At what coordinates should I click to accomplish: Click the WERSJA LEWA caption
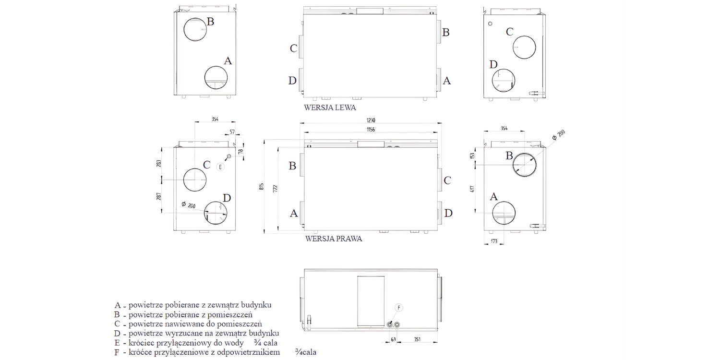(x=330, y=108)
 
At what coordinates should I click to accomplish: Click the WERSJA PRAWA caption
(x=333, y=239)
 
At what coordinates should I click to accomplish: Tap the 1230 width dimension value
(x=371, y=120)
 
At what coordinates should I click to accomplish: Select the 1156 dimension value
(x=371, y=130)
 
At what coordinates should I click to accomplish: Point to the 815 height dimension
(x=262, y=187)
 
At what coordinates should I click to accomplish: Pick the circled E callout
(x=220, y=167)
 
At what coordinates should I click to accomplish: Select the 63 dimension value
(x=393, y=340)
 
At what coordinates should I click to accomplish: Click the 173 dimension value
(x=494, y=241)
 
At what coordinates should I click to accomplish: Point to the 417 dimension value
(x=472, y=189)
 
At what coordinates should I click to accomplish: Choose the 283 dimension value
(x=159, y=163)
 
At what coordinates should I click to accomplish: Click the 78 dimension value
(x=241, y=151)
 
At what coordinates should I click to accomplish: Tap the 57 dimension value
(x=232, y=132)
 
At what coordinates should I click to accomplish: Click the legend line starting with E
(x=196, y=343)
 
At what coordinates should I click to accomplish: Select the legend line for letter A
(x=193, y=305)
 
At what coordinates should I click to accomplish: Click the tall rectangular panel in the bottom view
(x=371, y=303)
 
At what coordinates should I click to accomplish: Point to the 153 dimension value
(x=472, y=156)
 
